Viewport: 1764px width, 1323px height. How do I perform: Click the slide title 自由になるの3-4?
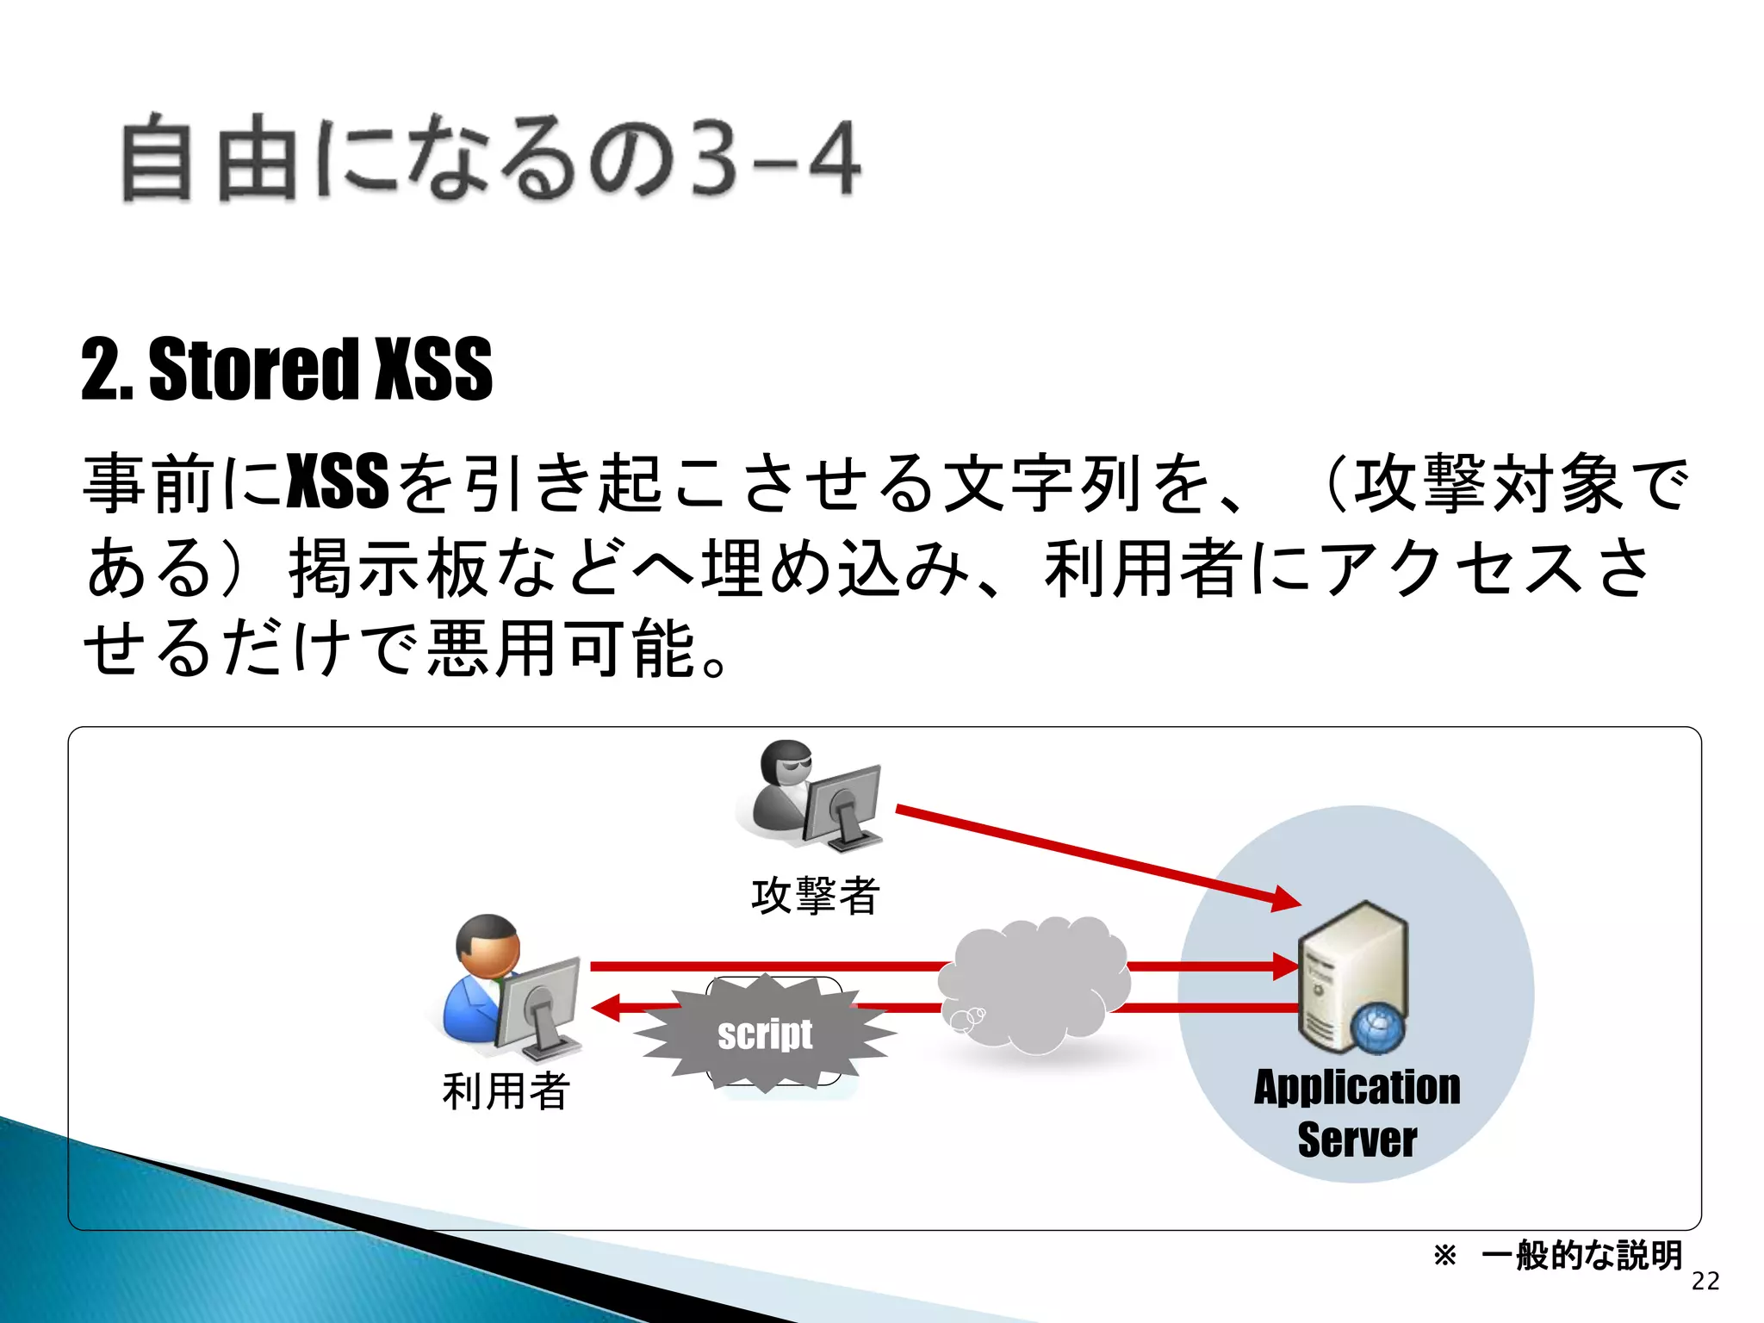(x=491, y=159)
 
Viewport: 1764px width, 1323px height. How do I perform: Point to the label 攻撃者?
(x=815, y=896)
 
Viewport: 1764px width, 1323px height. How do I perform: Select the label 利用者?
(x=506, y=1090)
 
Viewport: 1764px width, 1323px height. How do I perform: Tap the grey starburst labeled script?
(x=765, y=1034)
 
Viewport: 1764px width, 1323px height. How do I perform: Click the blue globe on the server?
(x=1376, y=1029)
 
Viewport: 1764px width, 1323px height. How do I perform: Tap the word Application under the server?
(x=1357, y=1087)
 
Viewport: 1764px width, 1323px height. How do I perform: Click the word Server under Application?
(x=1357, y=1140)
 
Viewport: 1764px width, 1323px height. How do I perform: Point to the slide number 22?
(x=1705, y=1282)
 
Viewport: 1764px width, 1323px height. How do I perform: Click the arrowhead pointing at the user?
(x=606, y=1007)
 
